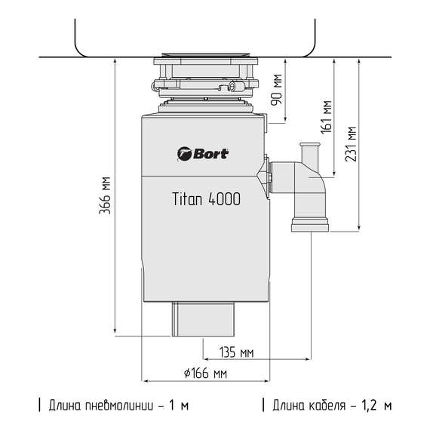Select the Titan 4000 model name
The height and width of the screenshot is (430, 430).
(203, 199)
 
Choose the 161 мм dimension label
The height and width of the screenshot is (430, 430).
(326, 115)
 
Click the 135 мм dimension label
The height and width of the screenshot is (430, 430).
(235, 352)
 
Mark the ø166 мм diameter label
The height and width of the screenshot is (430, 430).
(205, 373)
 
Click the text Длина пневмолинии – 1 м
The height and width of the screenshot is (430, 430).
(117, 405)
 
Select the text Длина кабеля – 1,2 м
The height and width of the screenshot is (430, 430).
(331, 405)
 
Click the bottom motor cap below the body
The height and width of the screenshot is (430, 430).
(204, 319)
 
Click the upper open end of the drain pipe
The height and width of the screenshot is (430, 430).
(309, 145)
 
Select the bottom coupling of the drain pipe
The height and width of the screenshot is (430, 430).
(309, 223)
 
